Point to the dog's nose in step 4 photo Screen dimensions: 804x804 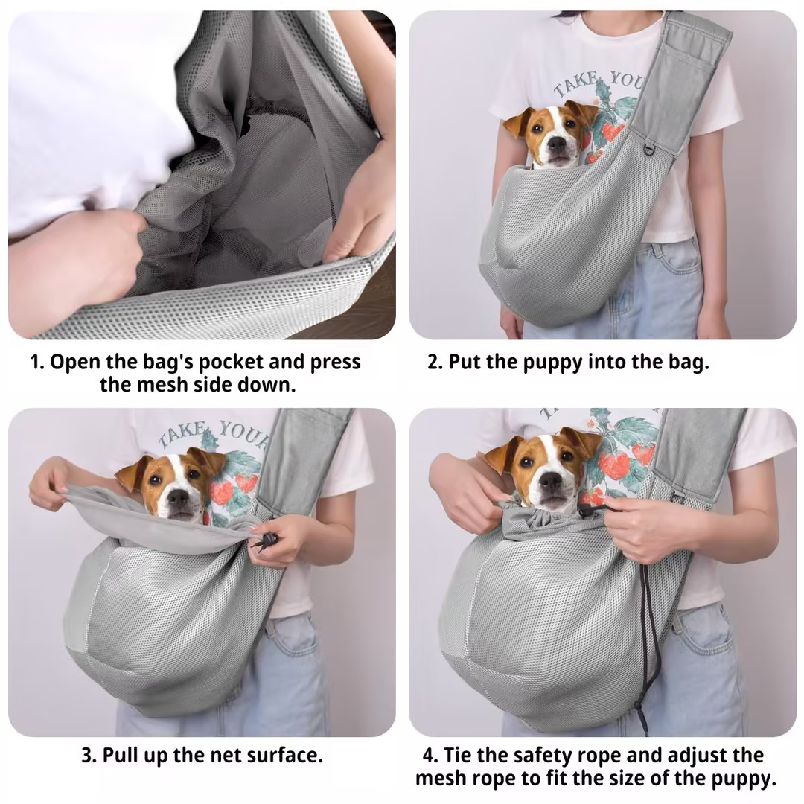point(550,480)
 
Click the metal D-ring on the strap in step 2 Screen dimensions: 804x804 point(648,150)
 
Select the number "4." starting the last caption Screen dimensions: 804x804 point(430,756)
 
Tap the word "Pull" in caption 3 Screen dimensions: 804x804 point(121,756)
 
